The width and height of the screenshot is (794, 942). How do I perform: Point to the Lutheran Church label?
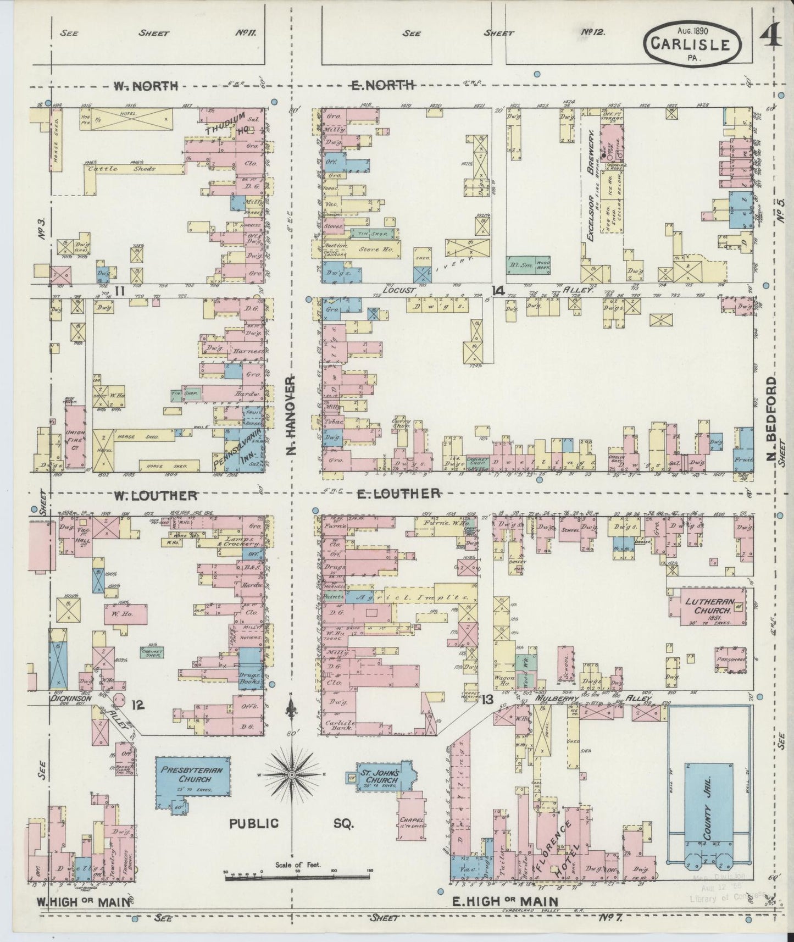tap(707, 606)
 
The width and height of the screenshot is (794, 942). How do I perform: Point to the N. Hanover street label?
tap(291, 415)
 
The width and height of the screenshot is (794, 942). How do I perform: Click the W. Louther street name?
tap(155, 495)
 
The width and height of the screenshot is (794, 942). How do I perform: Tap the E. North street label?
tap(382, 85)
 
